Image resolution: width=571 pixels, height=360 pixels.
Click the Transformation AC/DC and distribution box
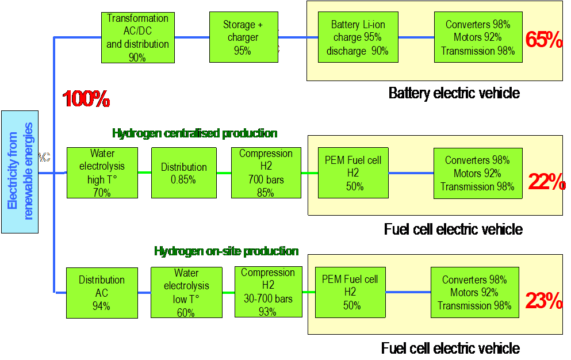pyautogui.click(x=137, y=37)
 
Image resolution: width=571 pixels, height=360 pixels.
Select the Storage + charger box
pyautogui.click(x=244, y=37)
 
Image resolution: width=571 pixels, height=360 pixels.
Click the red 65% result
pyautogui.click(x=543, y=40)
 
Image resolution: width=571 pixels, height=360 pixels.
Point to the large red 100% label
pyautogui.click(x=86, y=99)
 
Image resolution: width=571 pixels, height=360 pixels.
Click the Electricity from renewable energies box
pyautogui.click(x=20, y=171)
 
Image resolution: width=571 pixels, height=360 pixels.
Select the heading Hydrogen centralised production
pyautogui.click(x=194, y=133)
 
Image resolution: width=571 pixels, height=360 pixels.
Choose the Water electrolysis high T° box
pyautogui.click(x=102, y=173)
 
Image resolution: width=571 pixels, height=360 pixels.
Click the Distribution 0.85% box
pyautogui.click(x=183, y=173)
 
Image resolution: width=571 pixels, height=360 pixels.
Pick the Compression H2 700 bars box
pyautogui.click(x=265, y=173)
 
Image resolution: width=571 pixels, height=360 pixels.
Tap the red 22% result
pyautogui.click(x=546, y=182)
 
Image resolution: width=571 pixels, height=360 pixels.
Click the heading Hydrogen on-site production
pyautogui.click(x=226, y=251)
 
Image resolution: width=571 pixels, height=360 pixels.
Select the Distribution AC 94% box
pyautogui.click(x=102, y=292)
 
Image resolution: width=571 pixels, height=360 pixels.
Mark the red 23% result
pyautogui.click(x=544, y=301)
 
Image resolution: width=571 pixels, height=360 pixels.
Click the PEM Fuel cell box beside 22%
pyautogui.click(x=352, y=173)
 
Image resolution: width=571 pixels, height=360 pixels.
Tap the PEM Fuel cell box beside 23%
pyautogui.click(x=350, y=292)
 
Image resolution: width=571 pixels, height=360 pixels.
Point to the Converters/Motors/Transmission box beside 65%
pyautogui.click(x=478, y=37)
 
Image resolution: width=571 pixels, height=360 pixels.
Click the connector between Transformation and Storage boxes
pyautogui.click(x=192, y=37)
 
